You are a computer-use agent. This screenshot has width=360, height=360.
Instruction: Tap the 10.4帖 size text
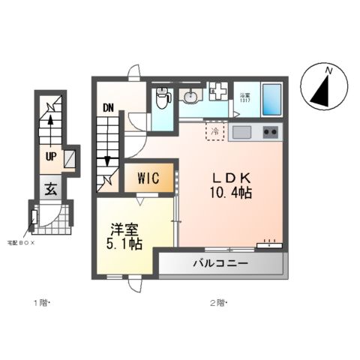tap(230, 193)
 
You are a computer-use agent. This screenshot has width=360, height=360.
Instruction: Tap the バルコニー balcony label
tap(220, 263)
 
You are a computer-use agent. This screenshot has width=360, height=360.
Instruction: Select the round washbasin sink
tap(190, 95)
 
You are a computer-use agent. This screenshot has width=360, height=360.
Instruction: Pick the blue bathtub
tap(271, 99)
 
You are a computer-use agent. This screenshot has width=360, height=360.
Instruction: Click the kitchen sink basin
tap(242, 132)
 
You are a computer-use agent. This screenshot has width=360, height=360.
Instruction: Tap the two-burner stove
tap(270, 132)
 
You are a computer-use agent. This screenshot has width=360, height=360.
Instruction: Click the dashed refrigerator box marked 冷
tap(216, 131)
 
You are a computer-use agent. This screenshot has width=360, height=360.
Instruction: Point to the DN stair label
tap(108, 107)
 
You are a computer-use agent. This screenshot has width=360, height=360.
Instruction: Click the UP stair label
tap(50, 157)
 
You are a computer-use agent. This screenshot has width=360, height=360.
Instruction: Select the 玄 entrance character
tap(49, 188)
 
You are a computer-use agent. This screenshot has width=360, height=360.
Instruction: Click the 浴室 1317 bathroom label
tap(244, 97)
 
